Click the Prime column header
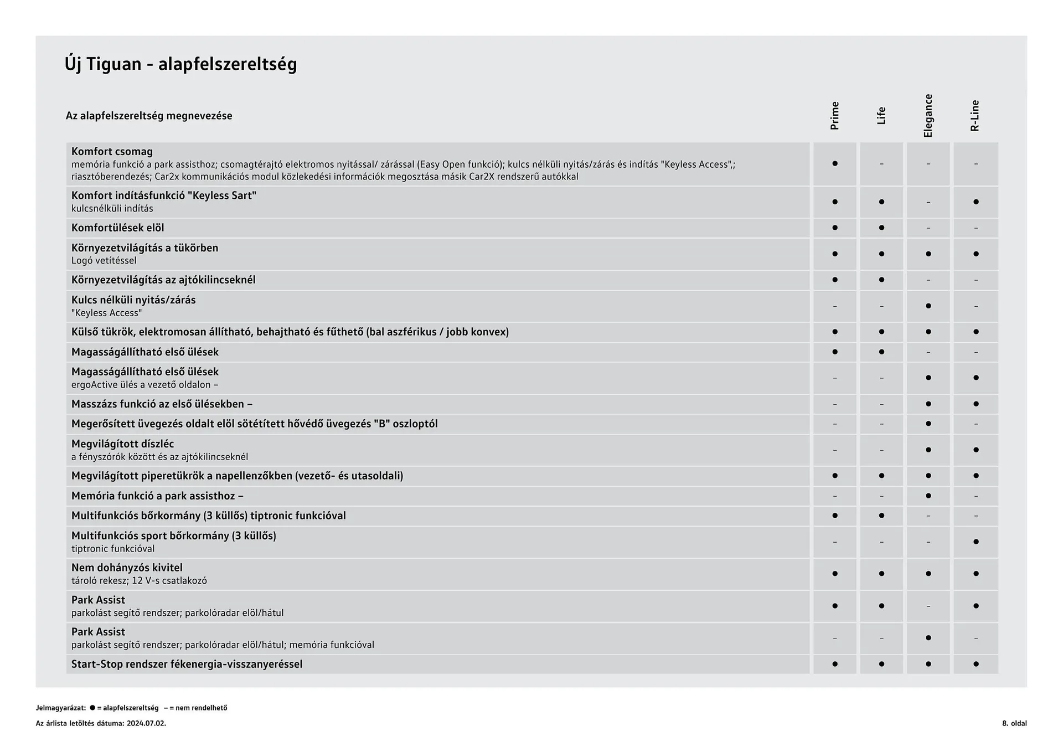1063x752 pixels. point(834,116)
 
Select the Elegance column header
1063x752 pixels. point(928,116)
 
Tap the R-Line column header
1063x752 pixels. point(975,116)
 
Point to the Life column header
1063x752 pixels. point(881,116)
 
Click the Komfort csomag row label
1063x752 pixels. point(112,152)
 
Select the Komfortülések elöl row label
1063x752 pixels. point(117,228)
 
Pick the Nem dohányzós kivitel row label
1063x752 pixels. point(127,568)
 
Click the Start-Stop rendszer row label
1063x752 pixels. point(187,664)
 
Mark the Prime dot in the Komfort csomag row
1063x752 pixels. point(835,164)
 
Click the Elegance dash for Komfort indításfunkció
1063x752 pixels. point(928,202)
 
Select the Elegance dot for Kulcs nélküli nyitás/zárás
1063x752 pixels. point(928,306)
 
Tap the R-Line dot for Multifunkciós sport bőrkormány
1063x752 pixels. point(976,542)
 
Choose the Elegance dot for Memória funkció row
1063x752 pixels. point(928,496)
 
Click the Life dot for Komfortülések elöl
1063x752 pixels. point(881,228)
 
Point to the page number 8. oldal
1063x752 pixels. point(1014,723)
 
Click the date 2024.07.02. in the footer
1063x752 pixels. point(146,723)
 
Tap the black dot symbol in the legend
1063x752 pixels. point(92,708)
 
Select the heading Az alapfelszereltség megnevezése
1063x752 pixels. point(149,116)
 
